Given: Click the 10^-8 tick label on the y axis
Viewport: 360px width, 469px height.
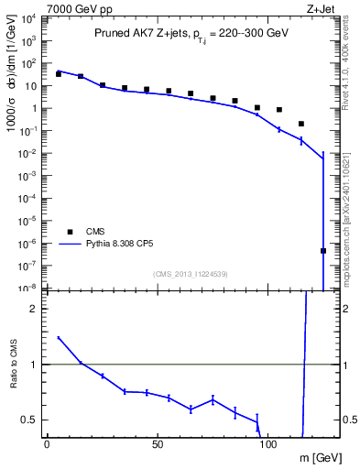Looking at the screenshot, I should point(28,288).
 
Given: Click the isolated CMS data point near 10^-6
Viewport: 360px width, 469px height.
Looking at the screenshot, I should point(323,250).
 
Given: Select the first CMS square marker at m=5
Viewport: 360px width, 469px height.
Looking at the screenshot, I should point(59,73).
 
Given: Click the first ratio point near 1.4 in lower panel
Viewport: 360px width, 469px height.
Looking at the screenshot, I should point(59,338).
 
